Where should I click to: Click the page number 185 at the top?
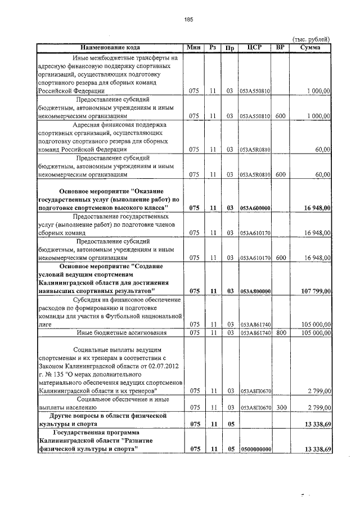(188, 20)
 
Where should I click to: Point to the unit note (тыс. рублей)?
(310, 39)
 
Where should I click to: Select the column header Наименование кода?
(110, 47)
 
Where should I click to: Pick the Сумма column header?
(310, 47)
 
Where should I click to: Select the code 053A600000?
(255, 209)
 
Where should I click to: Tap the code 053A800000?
(255, 291)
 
